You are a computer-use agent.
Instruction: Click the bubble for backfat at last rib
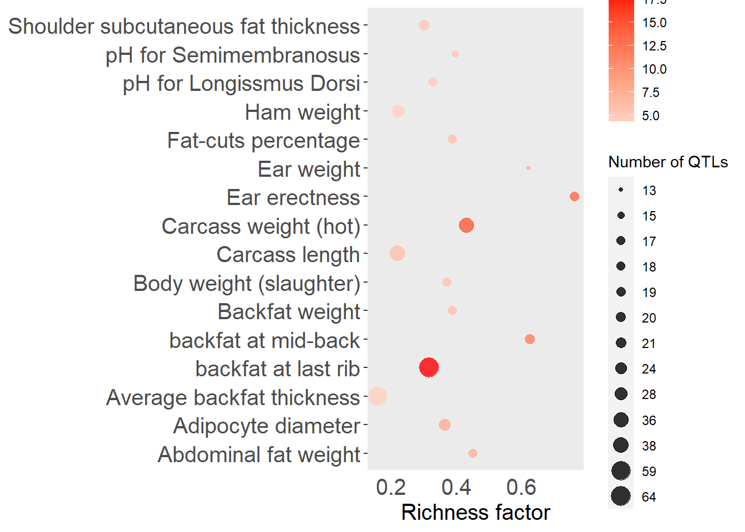[429, 367]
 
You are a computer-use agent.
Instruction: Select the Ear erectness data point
[574, 197]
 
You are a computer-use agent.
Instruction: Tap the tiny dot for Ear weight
[528, 168]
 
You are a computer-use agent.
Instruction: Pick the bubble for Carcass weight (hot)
[466, 226]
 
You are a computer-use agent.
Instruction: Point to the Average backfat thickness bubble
[377, 396]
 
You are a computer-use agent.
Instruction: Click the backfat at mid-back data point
[530, 339]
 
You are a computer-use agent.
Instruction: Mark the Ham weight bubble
[398, 111]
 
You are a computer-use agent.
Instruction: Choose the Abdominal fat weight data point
[473, 453]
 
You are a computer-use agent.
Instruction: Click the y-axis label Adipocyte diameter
[267, 426]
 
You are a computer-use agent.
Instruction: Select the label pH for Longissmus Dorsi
[241, 84]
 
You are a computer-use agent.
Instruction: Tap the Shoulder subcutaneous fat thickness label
[184, 27]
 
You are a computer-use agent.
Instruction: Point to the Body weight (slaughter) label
[247, 284]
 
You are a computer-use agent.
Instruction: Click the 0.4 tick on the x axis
[456, 488]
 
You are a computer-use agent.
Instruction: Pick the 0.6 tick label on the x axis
[521, 488]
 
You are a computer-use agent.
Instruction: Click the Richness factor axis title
[476, 513]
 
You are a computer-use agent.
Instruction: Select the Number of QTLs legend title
[668, 162]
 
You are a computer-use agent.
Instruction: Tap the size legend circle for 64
[621, 497]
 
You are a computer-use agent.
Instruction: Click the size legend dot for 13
[621, 190]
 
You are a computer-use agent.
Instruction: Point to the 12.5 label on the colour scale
[654, 46]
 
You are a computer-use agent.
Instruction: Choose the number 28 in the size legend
[649, 395]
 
